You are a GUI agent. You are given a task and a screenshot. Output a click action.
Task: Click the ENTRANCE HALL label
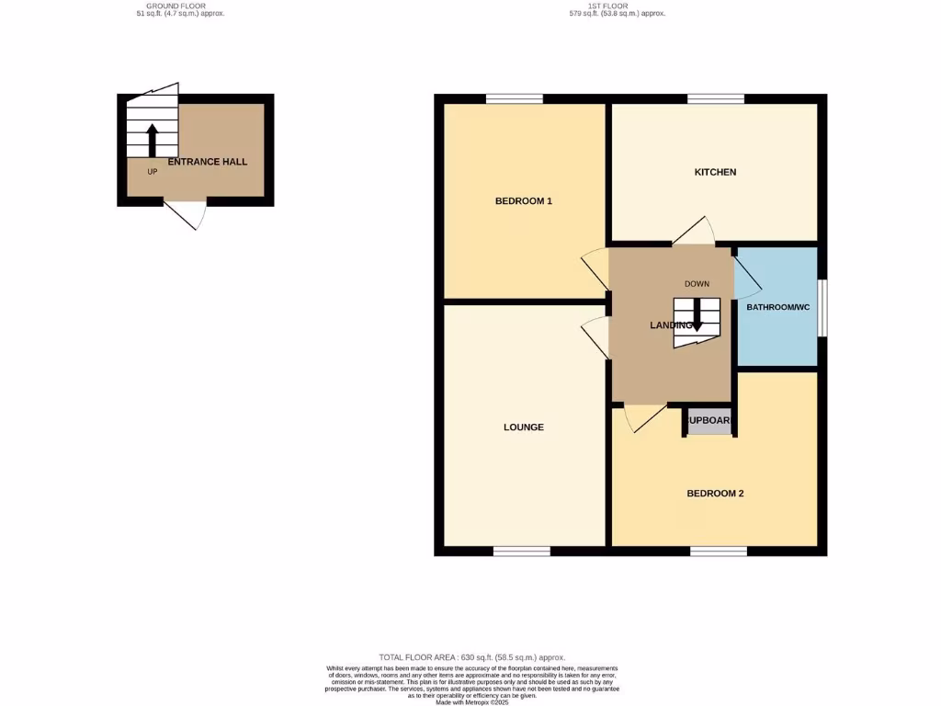click(207, 162)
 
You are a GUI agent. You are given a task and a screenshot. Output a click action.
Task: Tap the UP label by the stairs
click(152, 171)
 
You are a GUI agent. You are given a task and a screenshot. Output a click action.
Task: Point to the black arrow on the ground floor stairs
click(152, 141)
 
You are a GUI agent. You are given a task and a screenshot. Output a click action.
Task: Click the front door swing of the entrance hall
click(187, 213)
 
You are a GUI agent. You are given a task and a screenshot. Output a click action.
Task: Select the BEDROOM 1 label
click(523, 200)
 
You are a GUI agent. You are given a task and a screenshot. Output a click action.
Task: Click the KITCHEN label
click(715, 172)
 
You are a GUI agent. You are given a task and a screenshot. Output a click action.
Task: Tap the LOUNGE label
click(523, 427)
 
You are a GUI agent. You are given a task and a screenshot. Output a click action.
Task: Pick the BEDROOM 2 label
click(715, 494)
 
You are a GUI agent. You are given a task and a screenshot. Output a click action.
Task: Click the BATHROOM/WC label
click(777, 307)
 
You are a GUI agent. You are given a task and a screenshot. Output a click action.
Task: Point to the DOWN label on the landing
click(696, 284)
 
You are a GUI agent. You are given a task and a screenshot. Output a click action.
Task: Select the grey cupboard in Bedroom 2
click(709, 421)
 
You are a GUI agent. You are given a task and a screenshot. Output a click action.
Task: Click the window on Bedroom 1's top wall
click(514, 98)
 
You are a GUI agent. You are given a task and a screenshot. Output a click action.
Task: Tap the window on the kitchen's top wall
click(716, 98)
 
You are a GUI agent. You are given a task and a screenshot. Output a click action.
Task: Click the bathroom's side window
click(822, 307)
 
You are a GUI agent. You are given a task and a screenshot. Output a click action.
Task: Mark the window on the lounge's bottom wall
click(521, 551)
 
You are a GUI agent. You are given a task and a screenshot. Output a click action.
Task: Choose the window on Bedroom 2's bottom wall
click(719, 551)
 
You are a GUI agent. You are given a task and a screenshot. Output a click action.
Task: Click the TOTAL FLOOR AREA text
click(470, 658)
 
